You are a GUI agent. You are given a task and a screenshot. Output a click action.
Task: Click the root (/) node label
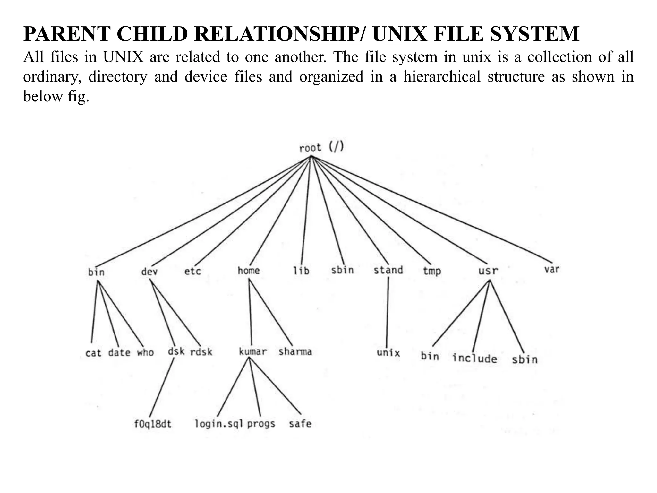tap(321, 148)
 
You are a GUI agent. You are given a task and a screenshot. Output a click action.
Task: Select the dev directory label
tap(149, 272)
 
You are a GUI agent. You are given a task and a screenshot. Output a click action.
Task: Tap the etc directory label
tap(192, 272)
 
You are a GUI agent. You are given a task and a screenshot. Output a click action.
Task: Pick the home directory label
tap(249, 271)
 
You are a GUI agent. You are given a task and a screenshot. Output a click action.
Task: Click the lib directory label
tap(302, 271)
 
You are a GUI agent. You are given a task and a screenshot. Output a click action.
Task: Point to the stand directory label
tap(388, 270)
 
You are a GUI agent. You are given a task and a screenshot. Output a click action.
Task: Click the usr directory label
tap(488, 271)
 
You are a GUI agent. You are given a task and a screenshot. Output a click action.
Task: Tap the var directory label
tap(552, 269)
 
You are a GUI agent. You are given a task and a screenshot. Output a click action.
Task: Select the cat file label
tap(93, 353)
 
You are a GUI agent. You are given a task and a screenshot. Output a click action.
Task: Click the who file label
tap(146, 352)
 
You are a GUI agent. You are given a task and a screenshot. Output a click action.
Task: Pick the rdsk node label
tap(201, 352)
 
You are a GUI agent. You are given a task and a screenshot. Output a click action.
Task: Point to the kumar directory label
tap(253, 352)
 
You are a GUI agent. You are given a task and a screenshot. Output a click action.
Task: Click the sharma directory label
tap(295, 352)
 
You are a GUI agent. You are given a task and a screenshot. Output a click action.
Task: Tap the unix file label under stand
tap(388, 353)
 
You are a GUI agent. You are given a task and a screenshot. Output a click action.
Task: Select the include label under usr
tap(475, 358)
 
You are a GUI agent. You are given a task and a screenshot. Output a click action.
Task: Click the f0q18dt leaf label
tap(153, 424)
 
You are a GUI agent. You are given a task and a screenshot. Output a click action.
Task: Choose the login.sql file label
tap(219, 424)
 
